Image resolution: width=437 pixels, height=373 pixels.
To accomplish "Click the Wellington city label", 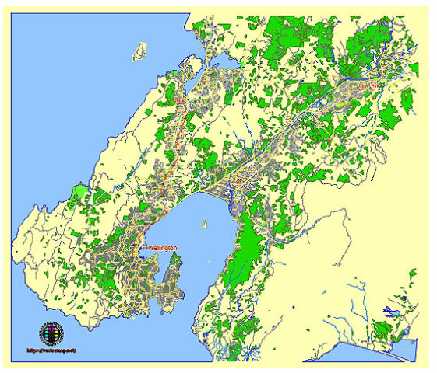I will pyautogui.click(x=162, y=248).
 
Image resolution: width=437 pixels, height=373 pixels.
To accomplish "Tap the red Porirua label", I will pyautogui.click(x=180, y=100).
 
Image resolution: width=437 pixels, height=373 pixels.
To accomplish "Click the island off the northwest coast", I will pyautogui.click(x=140, y=51).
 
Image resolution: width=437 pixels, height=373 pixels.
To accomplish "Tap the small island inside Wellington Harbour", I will pyautogui.click(x=204, y=225).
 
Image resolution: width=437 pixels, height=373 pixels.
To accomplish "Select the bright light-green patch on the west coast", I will pyautogui.click(x=79, y=193).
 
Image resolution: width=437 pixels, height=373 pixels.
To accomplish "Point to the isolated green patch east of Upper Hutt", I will pyautogui.click(x=406, y=99).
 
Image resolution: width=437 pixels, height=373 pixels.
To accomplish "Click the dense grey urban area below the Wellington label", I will pyautogui.click(x=136, y=280).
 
